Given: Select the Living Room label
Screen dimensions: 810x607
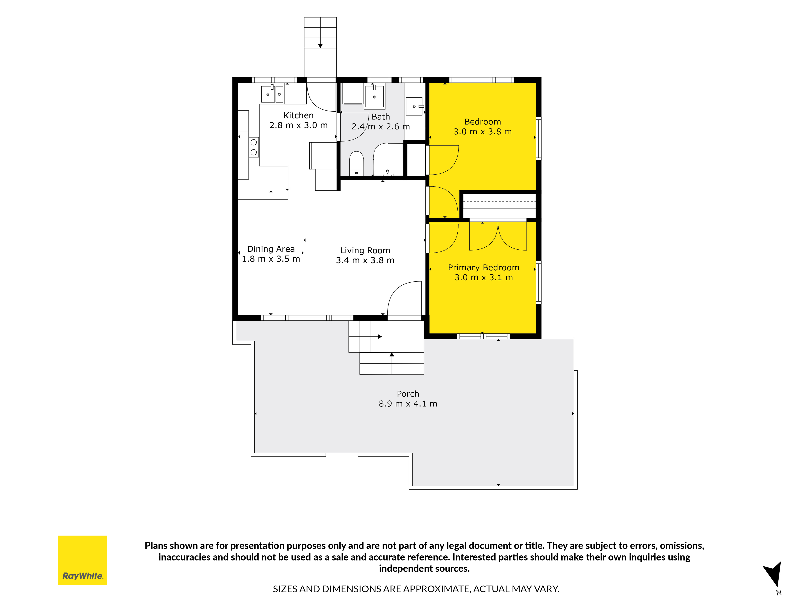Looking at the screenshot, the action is pos(365,251).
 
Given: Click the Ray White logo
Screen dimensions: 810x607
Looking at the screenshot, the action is pos(82,560).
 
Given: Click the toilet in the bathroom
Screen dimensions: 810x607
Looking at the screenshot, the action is pos(356,164).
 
